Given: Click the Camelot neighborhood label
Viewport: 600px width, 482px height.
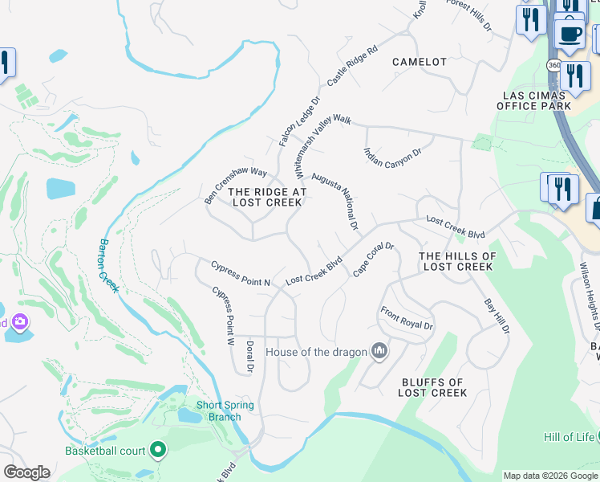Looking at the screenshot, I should pos(419,62).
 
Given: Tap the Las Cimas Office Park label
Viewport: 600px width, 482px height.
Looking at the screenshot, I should pos(536,100).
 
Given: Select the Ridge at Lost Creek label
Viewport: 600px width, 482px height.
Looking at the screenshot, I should pos(267,197).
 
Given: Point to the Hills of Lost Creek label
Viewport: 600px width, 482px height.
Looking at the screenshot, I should pos(457,261).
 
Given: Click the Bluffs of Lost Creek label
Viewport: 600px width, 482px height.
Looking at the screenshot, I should pos(432,387).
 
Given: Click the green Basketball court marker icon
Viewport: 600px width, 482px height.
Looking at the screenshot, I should pos(158,451).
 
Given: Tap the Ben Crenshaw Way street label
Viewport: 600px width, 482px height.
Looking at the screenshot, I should pos(234,185).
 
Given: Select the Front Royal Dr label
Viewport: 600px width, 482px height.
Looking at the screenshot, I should pos(407,319).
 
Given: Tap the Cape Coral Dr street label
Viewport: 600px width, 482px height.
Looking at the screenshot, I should pos(374,259).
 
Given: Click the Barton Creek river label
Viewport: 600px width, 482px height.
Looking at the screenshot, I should pos(108,266).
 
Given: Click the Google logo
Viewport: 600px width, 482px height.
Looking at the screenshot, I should pos(26,472).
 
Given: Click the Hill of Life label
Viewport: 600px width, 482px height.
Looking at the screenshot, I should pos(569,437).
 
